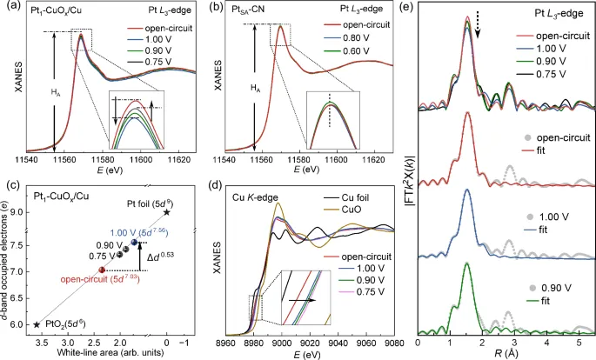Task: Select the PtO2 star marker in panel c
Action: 37,324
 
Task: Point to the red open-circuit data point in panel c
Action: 102,270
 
